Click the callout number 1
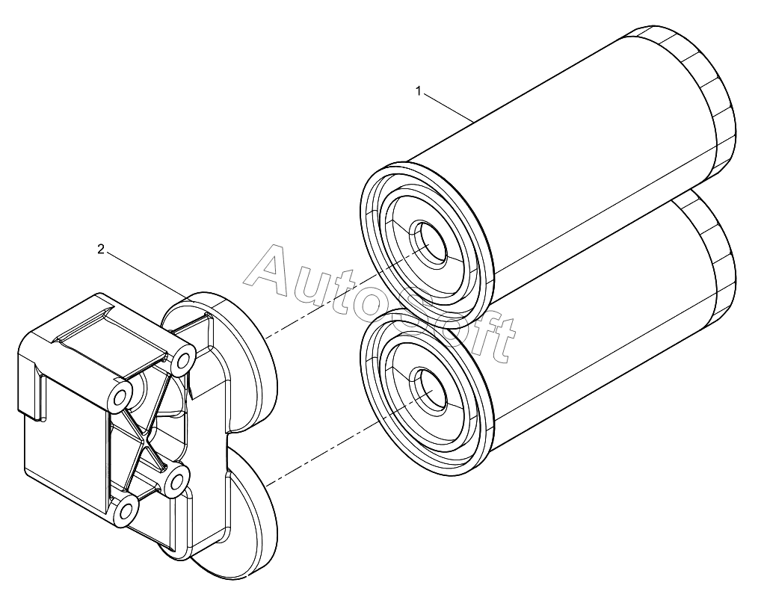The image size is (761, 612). click(x=419, y=90)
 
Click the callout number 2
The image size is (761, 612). click(x=101, y=250)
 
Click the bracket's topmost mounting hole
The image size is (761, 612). click(x=181, y=362)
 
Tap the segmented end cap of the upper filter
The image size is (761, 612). click(x=714, y=97)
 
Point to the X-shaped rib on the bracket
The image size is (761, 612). click(x=142, y=448)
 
